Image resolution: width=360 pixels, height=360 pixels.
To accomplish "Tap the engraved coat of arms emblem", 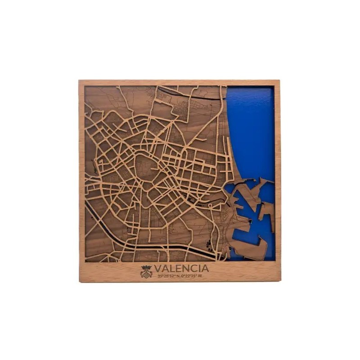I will point(146,272).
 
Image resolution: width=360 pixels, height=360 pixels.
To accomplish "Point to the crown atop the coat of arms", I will point(146,267).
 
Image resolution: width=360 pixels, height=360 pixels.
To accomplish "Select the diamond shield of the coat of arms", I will point(146,273).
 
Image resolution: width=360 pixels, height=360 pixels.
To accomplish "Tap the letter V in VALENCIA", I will point(158,268).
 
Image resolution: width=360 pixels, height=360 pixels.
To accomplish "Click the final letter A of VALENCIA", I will point(205,268).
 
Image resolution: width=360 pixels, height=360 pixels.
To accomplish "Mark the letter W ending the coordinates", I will point(200,276).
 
